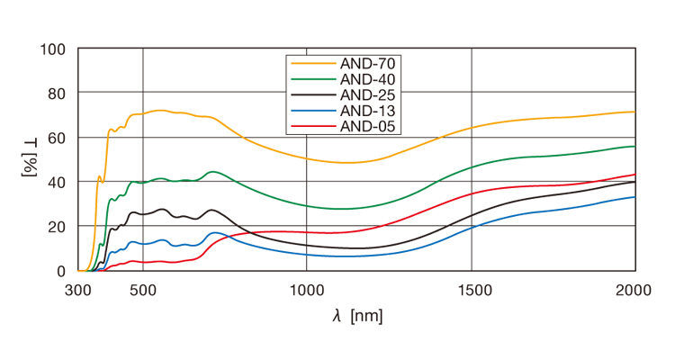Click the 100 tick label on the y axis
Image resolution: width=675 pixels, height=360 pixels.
click(53, 49)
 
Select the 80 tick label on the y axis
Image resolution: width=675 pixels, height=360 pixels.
click(58, 93)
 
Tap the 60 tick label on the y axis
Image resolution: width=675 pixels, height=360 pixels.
click(58, 138)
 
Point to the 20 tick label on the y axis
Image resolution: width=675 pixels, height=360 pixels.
click(58, 226)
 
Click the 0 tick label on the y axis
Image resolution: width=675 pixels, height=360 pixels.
click(62, 271)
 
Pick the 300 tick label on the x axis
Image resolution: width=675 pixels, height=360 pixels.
click(79, 290)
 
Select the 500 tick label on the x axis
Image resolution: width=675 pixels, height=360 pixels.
click(143, 290)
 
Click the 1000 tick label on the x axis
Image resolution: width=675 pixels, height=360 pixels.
click(307, 290)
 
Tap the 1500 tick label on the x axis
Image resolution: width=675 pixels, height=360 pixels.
click(472, 290)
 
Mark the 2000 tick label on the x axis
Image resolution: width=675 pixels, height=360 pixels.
click(634, 290)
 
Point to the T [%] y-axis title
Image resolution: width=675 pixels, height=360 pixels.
click(29, 159)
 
